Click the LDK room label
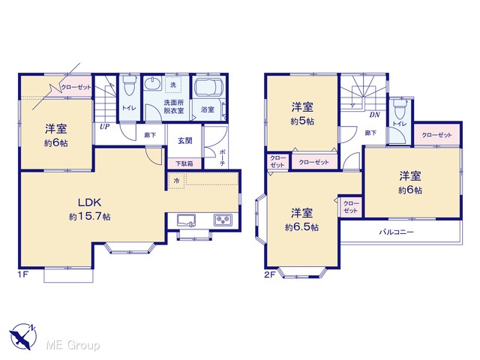point(89,202)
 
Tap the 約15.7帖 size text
point(90,217)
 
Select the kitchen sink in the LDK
point(187,220)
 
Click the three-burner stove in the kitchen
point(223,220)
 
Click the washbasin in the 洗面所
point(152,83)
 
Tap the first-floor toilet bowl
point(128,85)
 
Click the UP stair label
point(105,127)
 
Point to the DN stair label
point(375,115)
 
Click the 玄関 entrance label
point(185,141)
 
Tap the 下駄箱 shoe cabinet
point(184,163)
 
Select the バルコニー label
point(397,232)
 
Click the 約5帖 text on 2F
point(302,121)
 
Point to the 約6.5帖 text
point(301,227)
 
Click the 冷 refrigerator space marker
point(176,181)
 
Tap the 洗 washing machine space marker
point(173,85)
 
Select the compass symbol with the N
point(23,337)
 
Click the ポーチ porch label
point(222,157)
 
